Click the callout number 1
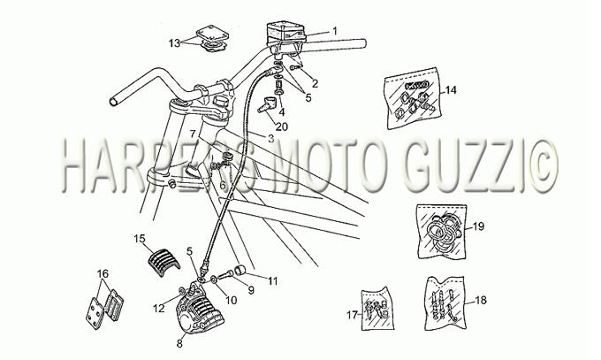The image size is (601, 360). click(x=335, y=30)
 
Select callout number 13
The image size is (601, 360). click(x=174, y=43)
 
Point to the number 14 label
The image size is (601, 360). click(x=451, y=90)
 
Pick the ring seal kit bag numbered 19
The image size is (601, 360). click(x=441, y=229)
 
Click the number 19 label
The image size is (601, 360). click(x=478, y=226)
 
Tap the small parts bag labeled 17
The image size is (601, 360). click(x=377, y=309)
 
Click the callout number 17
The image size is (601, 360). click(x=353, y=315)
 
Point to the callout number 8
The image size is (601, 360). click(x=179, y=343)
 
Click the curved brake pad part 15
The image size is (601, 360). click(x=164, y=260)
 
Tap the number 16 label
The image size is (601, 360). click(x=103, y=273)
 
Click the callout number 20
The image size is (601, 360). click(x=282, y=126)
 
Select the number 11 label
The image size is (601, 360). click(x=272, y=281)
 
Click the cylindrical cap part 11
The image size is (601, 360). click(x=241, y=270)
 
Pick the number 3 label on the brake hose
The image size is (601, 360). click(x=271, y=139)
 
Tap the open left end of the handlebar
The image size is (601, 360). click(x=114, y=102)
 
